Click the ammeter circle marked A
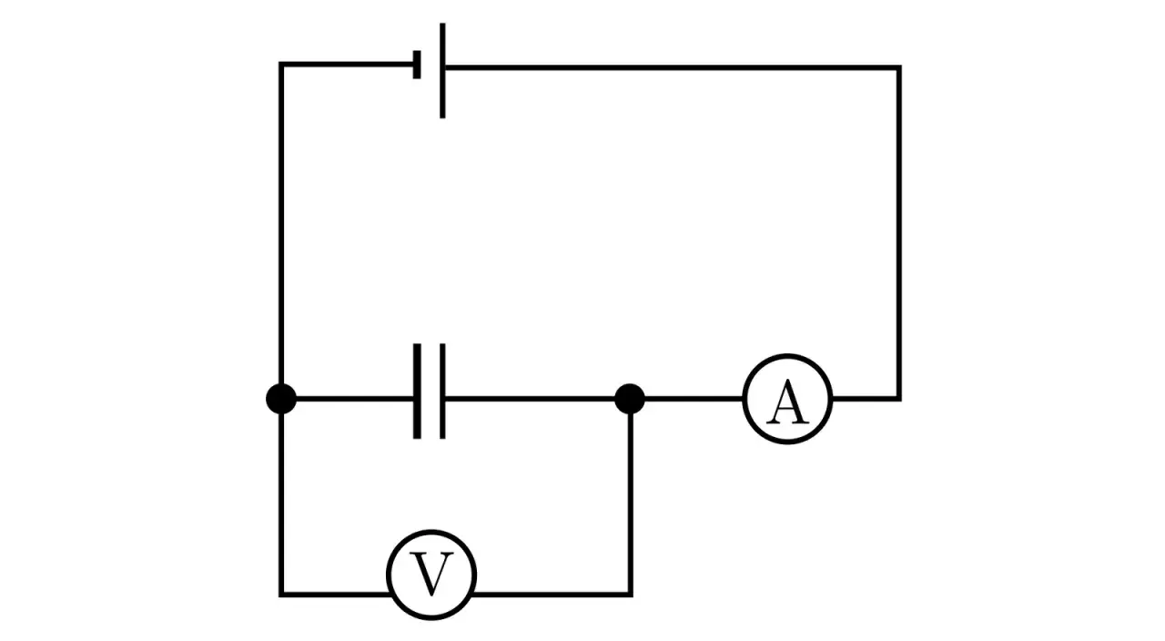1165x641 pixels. tap(787, 399)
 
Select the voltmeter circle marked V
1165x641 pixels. tap(431, 574)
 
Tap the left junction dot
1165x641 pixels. tap(281, 399)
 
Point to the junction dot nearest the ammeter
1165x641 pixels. tap(630, 399)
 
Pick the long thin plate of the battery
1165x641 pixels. tap(442, 71)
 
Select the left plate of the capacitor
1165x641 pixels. tap(417, 392)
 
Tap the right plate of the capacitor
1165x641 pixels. tap(442, 392)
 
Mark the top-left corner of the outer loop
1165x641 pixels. tap(281, 65)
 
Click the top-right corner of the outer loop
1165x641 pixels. tap(899, 67)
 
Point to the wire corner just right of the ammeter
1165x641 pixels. tap(899, 398)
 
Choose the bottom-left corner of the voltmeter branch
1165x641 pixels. tap(281, 594)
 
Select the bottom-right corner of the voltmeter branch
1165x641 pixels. tap(630, 594)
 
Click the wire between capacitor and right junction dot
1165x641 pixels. tap(537, 399)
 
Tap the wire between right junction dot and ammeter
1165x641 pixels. tap(692, 399)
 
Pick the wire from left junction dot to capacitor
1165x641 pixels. tap(355, 399)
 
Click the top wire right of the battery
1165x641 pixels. tap(674, 67)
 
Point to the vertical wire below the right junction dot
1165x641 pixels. tap(630, 501)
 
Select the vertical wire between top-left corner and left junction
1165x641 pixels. tap(281, 228)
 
